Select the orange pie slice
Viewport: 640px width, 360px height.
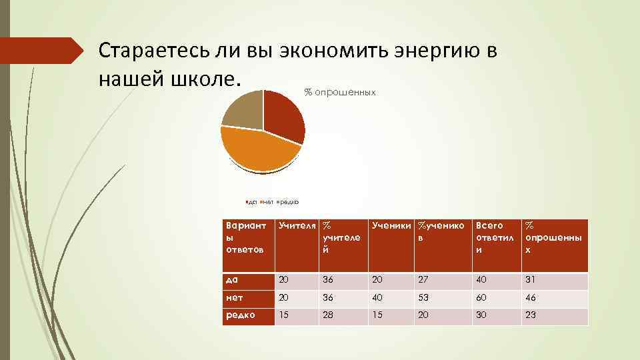[256, 149]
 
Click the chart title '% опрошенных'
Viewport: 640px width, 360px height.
[340, 92]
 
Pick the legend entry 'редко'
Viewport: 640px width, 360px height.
[289, 201]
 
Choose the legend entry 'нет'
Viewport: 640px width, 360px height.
[267, 201]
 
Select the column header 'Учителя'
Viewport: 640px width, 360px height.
[297, 226]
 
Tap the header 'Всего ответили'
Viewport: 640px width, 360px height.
[490, 237]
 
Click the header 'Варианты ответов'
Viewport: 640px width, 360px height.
[246, 237]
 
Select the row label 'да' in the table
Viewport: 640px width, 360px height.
[232, 279]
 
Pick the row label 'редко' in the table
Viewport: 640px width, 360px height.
[240, 315]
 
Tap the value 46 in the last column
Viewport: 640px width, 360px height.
[531, 298]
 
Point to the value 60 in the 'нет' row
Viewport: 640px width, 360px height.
[481, 298]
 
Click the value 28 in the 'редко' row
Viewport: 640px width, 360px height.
[328, 315]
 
